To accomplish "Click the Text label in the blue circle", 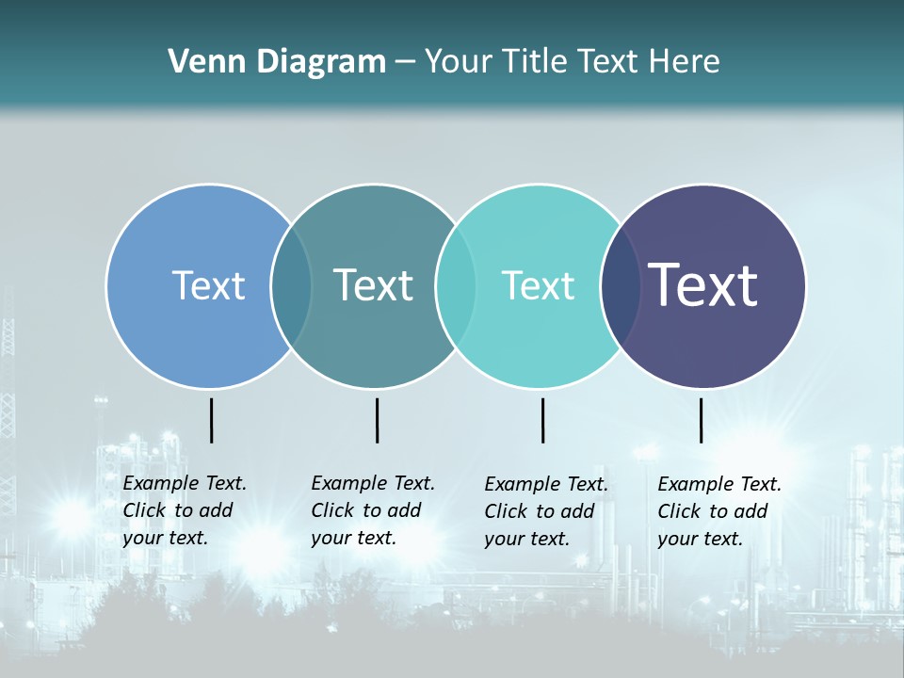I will (x=208, y=285).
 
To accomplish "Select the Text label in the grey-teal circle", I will (x=373, y=285).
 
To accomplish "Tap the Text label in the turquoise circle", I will (x=538, y=285).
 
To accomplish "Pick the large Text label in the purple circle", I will (x=702, y=285).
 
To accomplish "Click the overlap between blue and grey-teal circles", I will (x=291, y=286).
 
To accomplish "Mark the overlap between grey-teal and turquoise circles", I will (x=456, y=286).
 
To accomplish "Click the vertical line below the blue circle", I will (x=211, y=420).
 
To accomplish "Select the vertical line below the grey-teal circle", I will (x=377, y=420).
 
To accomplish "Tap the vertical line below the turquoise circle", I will (x=542, y=420).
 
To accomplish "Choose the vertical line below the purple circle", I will (x=701, y=420).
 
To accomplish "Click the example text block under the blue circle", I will (x=184, y=510).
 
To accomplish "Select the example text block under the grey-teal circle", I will (x=372, y=510).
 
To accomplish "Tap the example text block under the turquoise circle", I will (x=545, y=511).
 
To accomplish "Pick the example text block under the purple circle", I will (x=718, y=511).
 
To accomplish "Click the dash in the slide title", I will (x=405, y=63).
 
